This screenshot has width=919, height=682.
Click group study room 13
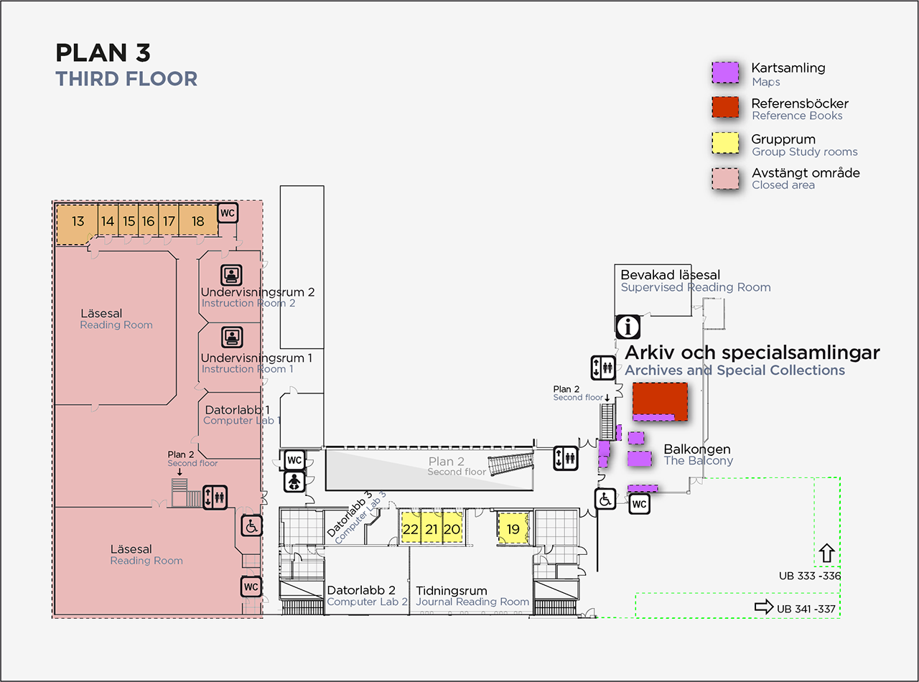point(78,221)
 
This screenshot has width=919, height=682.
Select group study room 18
point(197,221)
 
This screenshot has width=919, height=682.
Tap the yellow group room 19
point(513,529)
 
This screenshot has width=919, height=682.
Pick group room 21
point(431,529)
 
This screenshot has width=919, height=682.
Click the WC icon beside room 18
point(228,213)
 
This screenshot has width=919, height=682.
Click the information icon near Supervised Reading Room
point(628,327)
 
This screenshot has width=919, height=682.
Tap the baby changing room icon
point(294,482)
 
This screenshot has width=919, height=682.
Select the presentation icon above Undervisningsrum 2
point(231,275)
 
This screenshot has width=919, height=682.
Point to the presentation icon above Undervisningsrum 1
point(231,337)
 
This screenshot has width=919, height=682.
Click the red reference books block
point(660,400)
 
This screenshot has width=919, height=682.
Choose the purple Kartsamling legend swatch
point(725,73)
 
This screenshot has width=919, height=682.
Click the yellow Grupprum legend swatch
point(725,143)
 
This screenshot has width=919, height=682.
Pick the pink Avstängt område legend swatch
point(725,177)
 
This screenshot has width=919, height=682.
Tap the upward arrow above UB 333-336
point(826,552)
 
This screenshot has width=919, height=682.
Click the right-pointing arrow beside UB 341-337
point(763,607)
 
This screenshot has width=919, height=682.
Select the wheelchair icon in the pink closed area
point(251,526)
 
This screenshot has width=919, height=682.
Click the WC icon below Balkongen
point(639,505)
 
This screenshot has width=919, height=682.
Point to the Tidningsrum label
point(452,591)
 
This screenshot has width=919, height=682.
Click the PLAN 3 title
point(103,53)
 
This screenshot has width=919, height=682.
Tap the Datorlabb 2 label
point(361,591)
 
